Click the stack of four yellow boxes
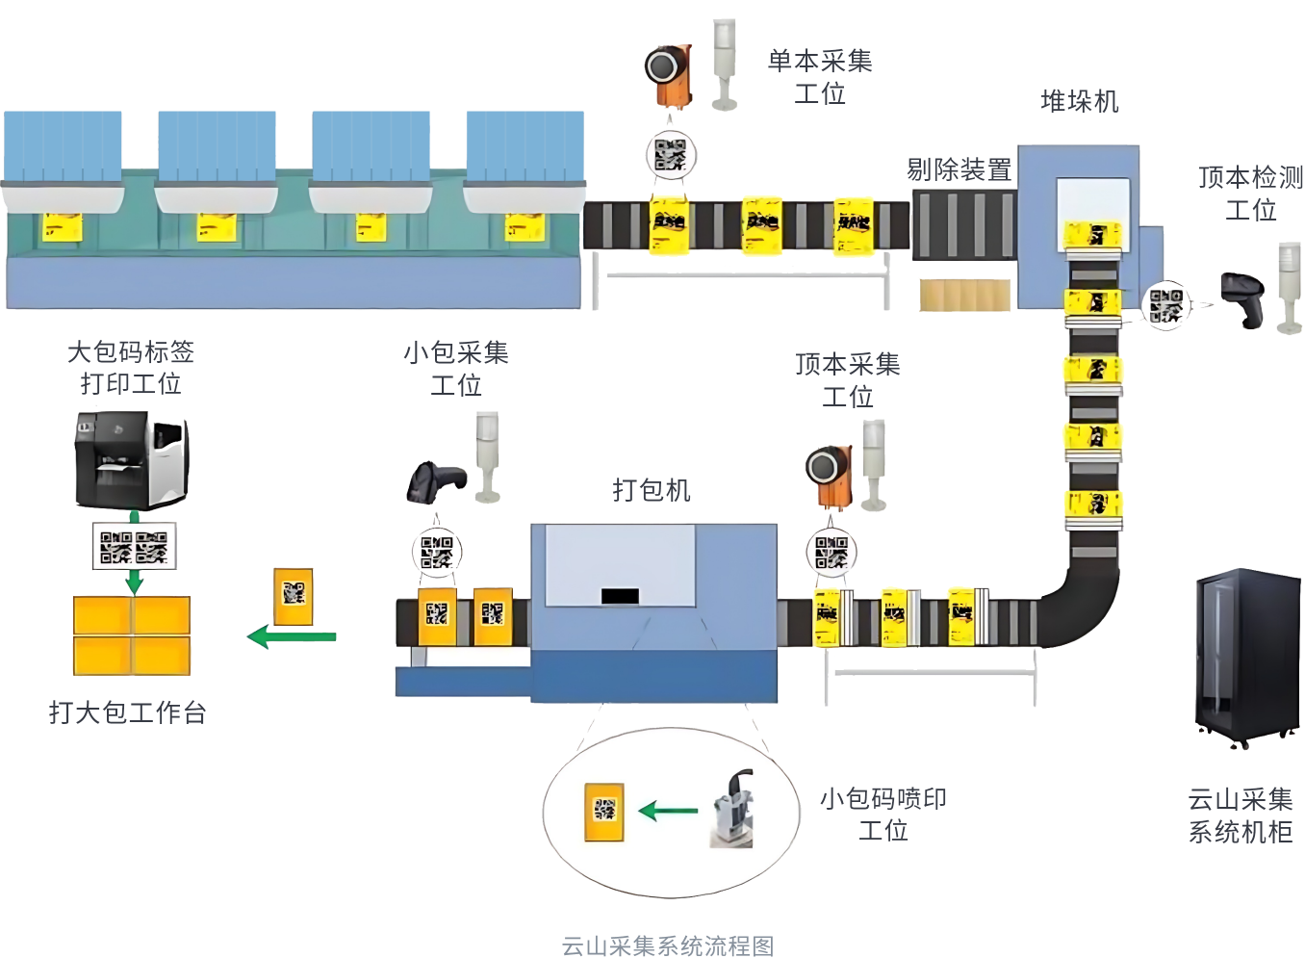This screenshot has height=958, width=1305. click(132, 634)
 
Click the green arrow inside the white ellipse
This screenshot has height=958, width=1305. click(669, 811)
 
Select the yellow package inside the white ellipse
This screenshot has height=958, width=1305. click(604, 811)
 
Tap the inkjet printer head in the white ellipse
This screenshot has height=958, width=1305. click(734, 809)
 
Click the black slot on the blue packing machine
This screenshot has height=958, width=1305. click(620, 596)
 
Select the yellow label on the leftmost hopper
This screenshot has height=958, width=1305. click(61, 228)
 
